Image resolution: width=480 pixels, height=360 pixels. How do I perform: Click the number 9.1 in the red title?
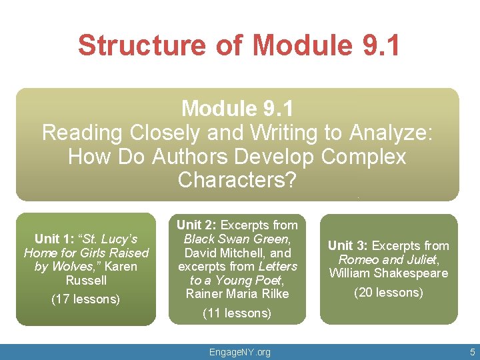click(377, 45)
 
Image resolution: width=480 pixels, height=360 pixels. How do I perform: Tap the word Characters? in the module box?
click(237, 180)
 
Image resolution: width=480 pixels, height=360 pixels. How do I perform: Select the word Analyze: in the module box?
click(393, 132)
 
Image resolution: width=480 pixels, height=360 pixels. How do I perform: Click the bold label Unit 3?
click(349, 245)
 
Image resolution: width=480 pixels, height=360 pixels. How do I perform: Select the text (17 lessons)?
click(85, 299)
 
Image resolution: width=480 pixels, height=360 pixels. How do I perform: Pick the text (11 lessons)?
click(237, 313)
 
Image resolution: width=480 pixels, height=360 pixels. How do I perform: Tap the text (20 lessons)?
click(389, 292)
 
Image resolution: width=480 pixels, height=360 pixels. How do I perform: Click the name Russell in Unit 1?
click(86, 280)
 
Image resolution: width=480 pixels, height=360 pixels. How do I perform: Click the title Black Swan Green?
click(237, 239)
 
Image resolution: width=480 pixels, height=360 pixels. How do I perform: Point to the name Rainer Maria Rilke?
click(237, 294)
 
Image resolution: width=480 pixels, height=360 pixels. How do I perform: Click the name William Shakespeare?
click(389, 273)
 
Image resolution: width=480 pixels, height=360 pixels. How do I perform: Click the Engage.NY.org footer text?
click(239, 351)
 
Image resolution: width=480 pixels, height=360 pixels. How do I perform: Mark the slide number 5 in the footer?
click(471, 351)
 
